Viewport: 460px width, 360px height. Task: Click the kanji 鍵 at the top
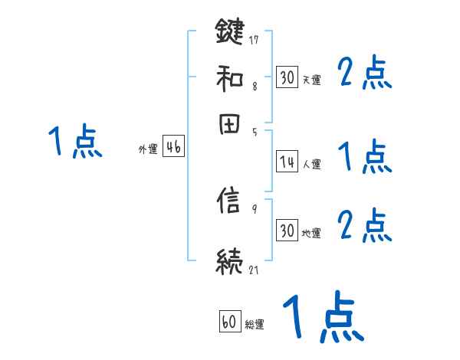point(230,32)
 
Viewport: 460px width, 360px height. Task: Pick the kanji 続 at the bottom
point(230,260)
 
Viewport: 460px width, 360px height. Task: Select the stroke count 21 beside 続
point(254,269)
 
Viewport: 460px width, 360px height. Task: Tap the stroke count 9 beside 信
point(254,208)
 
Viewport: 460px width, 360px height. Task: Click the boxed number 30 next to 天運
point(287,77)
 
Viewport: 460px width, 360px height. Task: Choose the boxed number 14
point(287,162)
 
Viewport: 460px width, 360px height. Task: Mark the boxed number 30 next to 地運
point(287,231)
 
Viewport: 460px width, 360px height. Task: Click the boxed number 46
point(172,148)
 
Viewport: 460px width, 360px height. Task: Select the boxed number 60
point(230,322)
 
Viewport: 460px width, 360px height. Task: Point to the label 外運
point(148,149)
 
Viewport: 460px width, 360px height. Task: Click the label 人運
point(312,163)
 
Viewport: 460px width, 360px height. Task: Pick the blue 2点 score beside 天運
point(365,74)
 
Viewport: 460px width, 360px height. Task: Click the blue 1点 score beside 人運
point(365,157)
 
